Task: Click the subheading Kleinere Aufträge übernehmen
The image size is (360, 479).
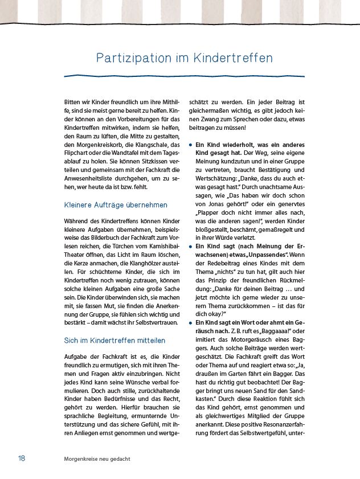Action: point(116,204)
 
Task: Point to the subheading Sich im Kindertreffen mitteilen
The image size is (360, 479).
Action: point(115,341)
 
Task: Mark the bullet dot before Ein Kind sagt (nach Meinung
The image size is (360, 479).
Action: point(191,247)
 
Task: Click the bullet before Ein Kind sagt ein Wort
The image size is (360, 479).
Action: point(191,323)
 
